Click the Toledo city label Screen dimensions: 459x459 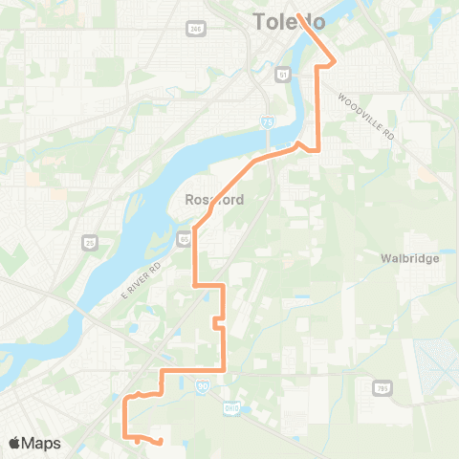point(289,21)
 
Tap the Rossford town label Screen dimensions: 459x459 point(214,200)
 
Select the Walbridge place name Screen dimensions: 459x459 point(408,258)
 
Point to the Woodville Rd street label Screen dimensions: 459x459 point(367,116)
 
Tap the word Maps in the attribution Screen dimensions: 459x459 point(41,444)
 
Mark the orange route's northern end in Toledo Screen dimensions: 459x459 point(299,15)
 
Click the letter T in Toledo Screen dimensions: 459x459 point(259,21)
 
